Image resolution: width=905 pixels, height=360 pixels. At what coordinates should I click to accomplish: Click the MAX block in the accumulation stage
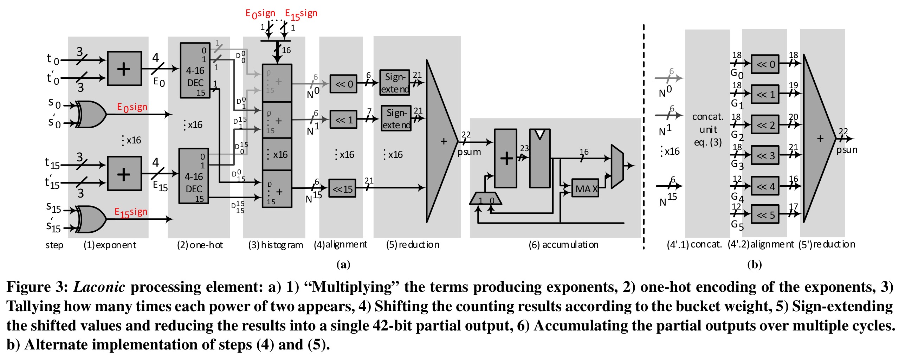pyautogui.click(x=585, y=188)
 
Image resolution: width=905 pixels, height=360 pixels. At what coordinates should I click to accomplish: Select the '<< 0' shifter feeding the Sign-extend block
pyautogui.click(x=343, y=84)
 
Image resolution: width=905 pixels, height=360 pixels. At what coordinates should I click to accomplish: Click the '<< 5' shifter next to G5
pyautogui.click(x=765, y=214)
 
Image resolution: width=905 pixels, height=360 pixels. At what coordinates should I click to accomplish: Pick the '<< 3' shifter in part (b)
pyautogui.click(x=765, y=155)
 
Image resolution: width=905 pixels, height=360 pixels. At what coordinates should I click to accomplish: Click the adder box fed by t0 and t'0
pyautogui.click(x=124, y=69)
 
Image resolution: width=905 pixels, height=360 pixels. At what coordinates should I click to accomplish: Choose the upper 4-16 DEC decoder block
pyautogui.click(x=195, y=70)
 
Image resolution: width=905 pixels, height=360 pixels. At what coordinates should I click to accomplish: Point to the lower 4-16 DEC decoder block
pyautogui.click(x=194, y=176)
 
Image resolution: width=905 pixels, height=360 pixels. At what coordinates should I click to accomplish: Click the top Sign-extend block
pyautogui.click(x=395, y=83)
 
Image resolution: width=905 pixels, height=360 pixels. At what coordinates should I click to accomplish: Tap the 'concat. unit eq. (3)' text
pyautogui.click(x=707, y=129)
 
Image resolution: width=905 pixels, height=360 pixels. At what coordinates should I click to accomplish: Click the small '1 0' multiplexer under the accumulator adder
pyautogui.click(x=486, y=198)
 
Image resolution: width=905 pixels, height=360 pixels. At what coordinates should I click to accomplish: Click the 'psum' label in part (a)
pyautogui.click(x=469, y=152)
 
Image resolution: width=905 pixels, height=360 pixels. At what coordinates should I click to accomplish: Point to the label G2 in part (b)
pyautogui.click(x=737, y=135)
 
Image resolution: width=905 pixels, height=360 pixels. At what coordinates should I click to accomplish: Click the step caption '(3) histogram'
pyautogui.click(x=276, y=245)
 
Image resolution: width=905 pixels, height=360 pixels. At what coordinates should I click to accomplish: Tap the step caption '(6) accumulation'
pyautogui.click(x=563, y=245)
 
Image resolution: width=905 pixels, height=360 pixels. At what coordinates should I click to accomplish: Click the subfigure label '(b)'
pyautogui.click(x=755, y=264)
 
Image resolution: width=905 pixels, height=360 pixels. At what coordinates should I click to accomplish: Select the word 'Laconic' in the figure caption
pyautogui.click(x=99, y=287)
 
